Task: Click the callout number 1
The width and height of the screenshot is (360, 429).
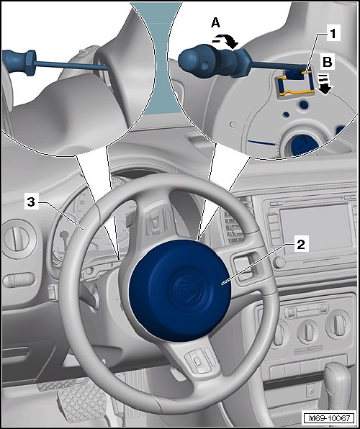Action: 333,34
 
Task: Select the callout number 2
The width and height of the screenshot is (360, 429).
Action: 300,244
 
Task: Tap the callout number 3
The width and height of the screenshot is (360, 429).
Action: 31,202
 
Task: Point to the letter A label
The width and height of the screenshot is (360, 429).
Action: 215,23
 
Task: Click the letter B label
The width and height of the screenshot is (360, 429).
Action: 328,62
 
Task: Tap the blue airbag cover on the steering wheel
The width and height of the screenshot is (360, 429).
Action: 180,290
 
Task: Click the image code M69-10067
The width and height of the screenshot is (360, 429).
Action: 329,418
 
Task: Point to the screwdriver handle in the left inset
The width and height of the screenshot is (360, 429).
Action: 18,63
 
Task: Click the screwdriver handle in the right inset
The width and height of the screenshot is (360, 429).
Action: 214,60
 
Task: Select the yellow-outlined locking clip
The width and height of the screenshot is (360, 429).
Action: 295,83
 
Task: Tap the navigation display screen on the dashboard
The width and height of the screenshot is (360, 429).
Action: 315,228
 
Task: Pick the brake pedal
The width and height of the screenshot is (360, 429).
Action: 82,402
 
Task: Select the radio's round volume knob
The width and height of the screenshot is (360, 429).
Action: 279,263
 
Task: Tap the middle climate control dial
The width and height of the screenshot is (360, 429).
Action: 307,332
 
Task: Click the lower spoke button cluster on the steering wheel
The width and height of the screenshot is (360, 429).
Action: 199,361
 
